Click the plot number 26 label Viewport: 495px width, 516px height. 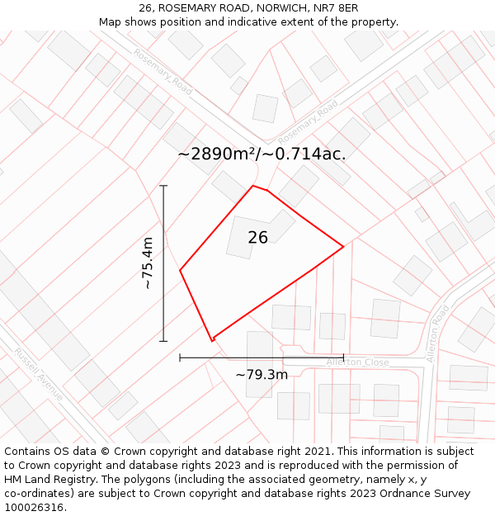(x=257, y=238)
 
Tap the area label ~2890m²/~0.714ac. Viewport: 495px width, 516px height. (x=262, y=154)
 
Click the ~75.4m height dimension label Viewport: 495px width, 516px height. (x=147, y=263)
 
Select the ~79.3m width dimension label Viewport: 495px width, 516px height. (x=262, y=375)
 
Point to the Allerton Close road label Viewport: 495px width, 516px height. (x=357, y=362)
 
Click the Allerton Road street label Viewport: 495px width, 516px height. (x=437, y=333)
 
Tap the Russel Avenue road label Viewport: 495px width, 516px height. (x=38, y=374)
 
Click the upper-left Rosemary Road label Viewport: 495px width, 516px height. (x=163, y=72)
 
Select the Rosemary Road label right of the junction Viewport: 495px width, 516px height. (x=308, y=121)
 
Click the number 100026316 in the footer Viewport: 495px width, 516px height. (x=35, y=507)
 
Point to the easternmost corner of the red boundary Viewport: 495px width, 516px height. (x=343, y=246)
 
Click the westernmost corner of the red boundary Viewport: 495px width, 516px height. (x=180, y=270)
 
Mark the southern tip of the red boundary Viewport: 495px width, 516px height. (x=212, y=340)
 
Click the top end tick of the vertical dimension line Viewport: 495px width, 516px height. (x=163, y=186)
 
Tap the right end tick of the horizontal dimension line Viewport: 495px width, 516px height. (x=343, y=357)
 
